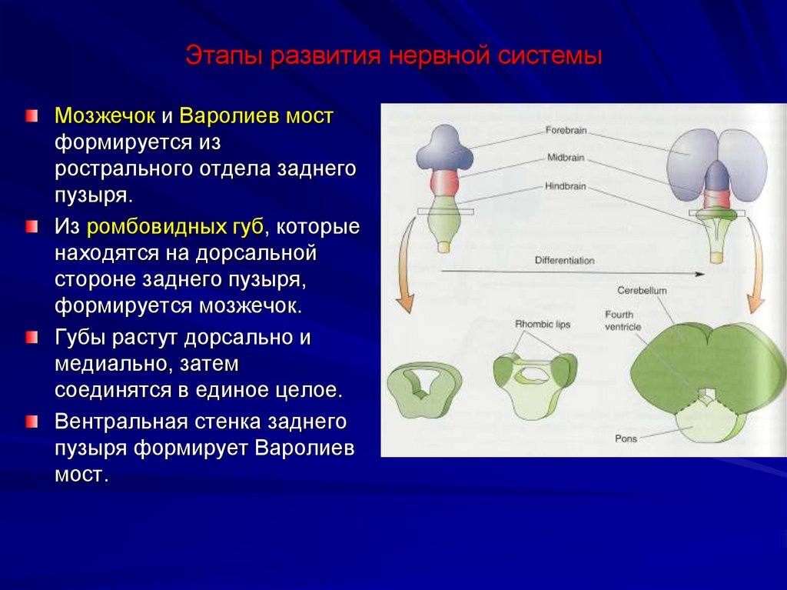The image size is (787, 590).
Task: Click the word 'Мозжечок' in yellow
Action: pyautogui.click(x=105, y=117)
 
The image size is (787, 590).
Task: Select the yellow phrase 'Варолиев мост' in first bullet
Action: pyautogui.click(x=257, y=117)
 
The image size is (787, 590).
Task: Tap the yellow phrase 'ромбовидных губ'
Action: pyautogui.click(x=175, y=227)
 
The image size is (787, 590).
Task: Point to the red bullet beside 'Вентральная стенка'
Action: pyautogui.click(x=30, y=422)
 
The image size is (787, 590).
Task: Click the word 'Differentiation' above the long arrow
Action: pyautogui.click(x=564, y=261)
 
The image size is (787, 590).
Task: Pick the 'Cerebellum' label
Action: pyautogui.click(x=641, y=291)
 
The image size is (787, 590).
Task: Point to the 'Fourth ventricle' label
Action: pyautogui.click(x=622, y=321)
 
